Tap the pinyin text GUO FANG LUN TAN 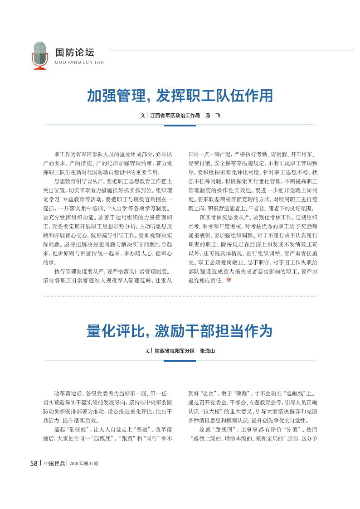(79, 63)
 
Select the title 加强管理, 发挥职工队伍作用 (180, 96)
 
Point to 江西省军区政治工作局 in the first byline (175, 116)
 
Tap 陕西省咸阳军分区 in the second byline (175, 351)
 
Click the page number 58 (34, 463)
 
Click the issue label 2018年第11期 (84, 464)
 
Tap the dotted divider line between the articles (180, 296)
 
